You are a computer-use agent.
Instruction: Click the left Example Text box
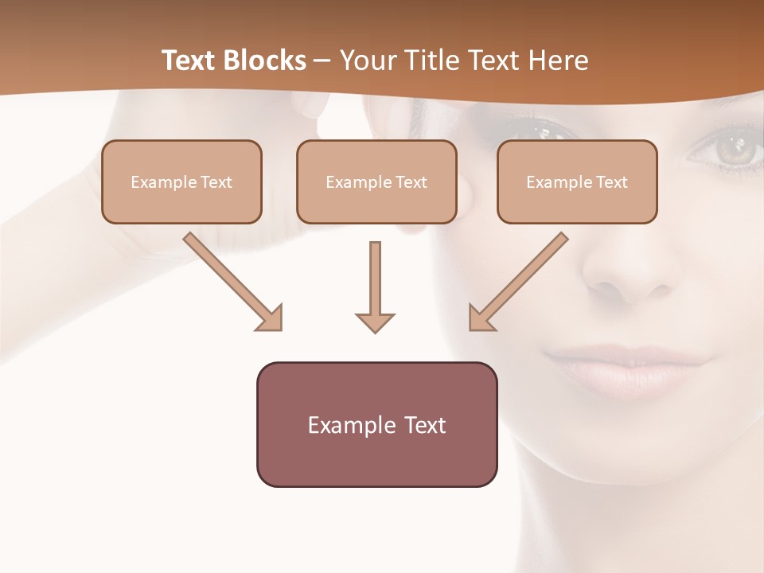(x=181, y=181)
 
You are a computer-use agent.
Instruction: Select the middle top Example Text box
(x=376, y=181)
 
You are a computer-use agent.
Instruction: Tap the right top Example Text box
(x=577, y=181)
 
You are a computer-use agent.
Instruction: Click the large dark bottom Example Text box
(x=376, y=424)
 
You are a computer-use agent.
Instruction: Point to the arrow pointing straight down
(x=375, y=286)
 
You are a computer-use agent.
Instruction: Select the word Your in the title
(x=368, y=60)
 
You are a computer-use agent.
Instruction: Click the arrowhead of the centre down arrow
(x=375, y=322)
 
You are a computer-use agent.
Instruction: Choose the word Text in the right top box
(x=610, y=181)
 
